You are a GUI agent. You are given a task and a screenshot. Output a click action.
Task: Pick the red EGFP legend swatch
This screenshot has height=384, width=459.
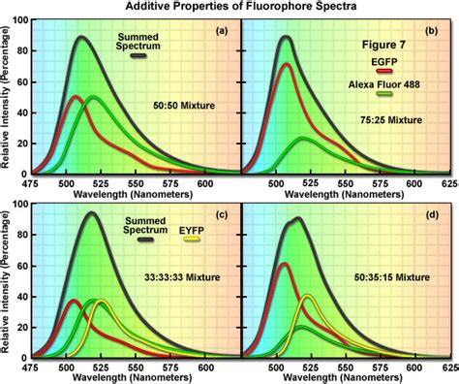pos(357,71)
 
